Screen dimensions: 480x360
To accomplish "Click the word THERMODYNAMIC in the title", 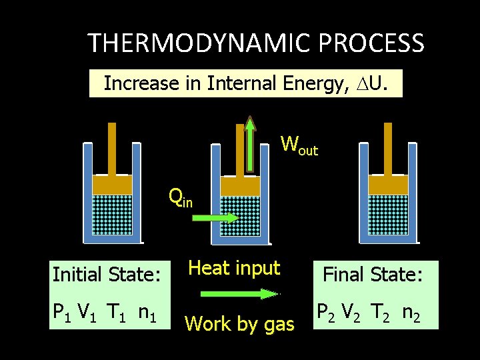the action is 200,44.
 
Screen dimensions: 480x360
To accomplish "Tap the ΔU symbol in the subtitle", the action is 384,84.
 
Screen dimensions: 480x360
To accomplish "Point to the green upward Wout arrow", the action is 250,143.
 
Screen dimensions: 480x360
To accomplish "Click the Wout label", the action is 299,145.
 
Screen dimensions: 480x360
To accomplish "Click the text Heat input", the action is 234,268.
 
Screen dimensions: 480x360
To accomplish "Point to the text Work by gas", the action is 239,324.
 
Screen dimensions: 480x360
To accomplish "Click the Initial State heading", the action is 106,274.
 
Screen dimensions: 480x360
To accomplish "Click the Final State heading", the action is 373,274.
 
